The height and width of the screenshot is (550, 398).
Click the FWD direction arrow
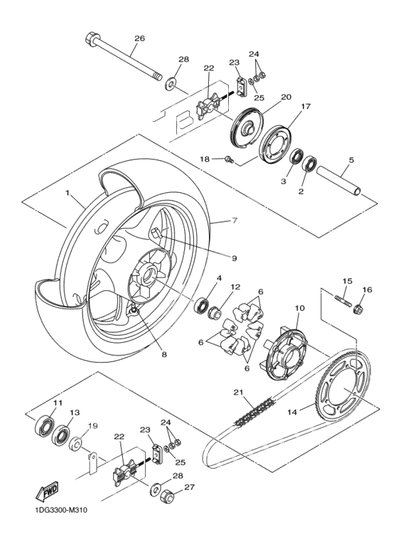tap(46, 490)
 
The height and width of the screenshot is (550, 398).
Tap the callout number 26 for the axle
tap(139, 38)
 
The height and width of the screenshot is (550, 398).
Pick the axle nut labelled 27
tap(168, 495)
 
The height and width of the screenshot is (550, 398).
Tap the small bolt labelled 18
tap(229, 159)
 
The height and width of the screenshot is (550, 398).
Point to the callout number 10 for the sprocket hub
tap(300, 308)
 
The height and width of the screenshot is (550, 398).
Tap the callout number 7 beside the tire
tap(235, 221)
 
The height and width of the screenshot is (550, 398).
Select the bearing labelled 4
tap(201, 305)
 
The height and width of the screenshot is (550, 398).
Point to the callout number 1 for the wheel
tap(67, 193)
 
